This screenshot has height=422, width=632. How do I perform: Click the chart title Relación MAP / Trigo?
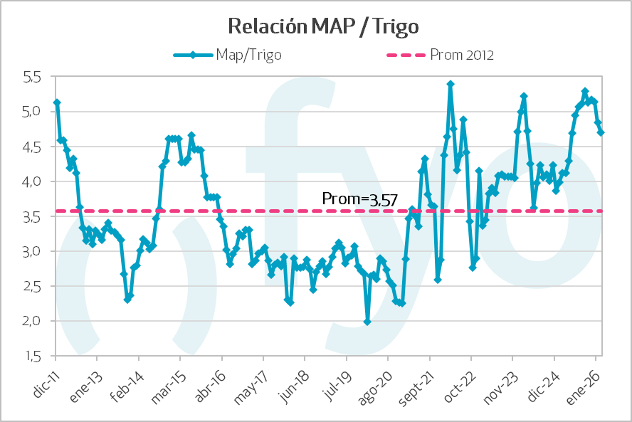(322, 26)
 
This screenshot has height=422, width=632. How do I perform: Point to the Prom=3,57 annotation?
(349, 199)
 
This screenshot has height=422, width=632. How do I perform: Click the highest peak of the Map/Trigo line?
(451, 84)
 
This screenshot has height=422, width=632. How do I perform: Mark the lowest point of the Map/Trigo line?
(367, 322)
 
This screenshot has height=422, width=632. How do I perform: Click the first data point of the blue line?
(57, 102)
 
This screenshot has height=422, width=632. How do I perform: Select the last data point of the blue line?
(601, 132)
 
